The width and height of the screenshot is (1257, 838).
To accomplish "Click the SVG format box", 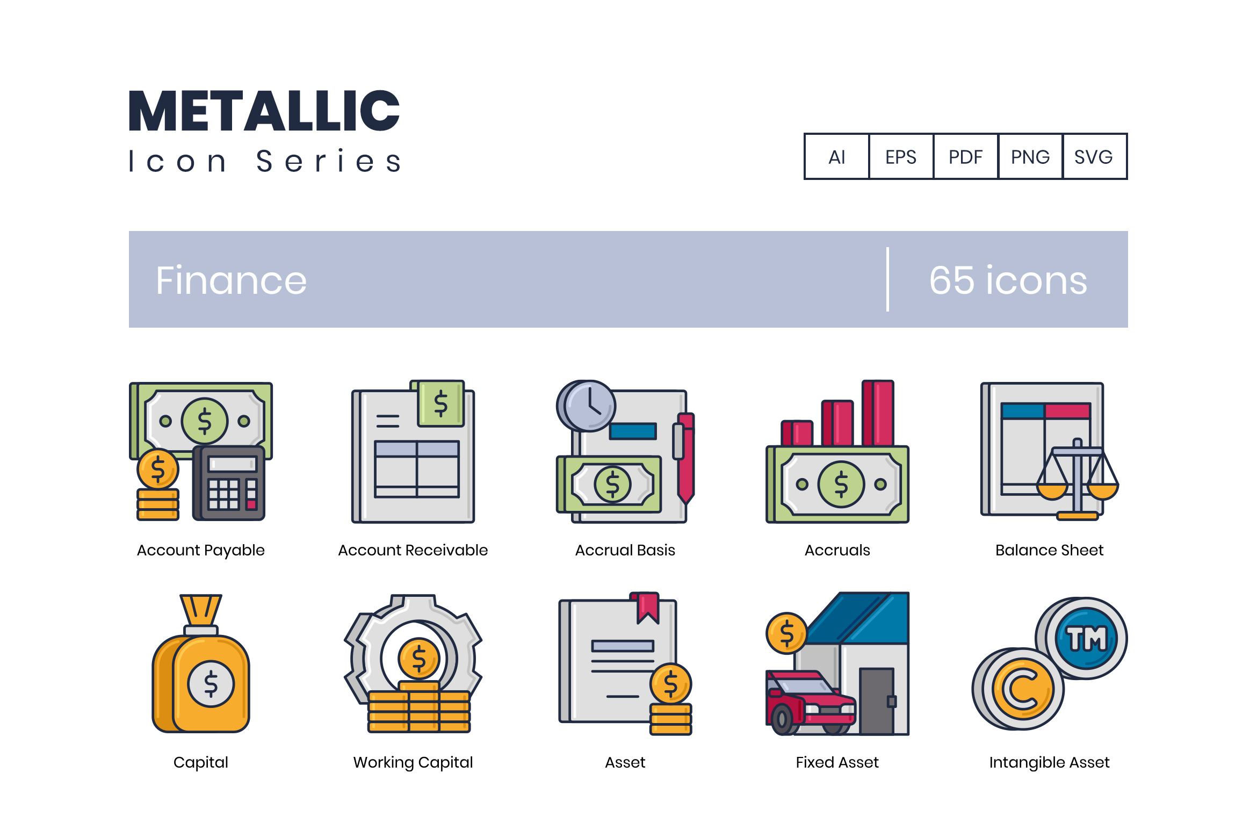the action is click(1095, 156).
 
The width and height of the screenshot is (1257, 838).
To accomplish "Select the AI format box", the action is click(837, 156).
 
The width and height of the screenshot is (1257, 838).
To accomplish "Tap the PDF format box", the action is click(966, 156).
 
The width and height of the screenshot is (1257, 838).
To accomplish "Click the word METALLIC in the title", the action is click(264, 111).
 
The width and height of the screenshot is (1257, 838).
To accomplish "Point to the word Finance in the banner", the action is click(232, 280).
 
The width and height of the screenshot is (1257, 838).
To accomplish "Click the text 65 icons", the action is click(1008, 280).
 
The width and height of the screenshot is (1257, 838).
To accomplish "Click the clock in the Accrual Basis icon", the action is click(586, 406).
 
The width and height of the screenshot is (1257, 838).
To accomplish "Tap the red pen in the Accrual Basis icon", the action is click(684, 458).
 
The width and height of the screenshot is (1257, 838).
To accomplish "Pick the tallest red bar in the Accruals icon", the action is click(878, 413).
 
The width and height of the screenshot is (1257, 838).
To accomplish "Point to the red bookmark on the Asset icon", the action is click(648, 608).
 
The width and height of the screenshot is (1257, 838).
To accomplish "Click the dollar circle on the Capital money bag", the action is click(211, 683).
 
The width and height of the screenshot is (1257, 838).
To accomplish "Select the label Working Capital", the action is click(413, 762).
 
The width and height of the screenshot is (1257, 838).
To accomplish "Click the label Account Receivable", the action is click(413, 550).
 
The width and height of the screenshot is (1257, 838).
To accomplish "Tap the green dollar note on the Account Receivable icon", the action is click(440, 403).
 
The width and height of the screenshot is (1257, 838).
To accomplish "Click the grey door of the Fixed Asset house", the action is click(877, 701).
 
